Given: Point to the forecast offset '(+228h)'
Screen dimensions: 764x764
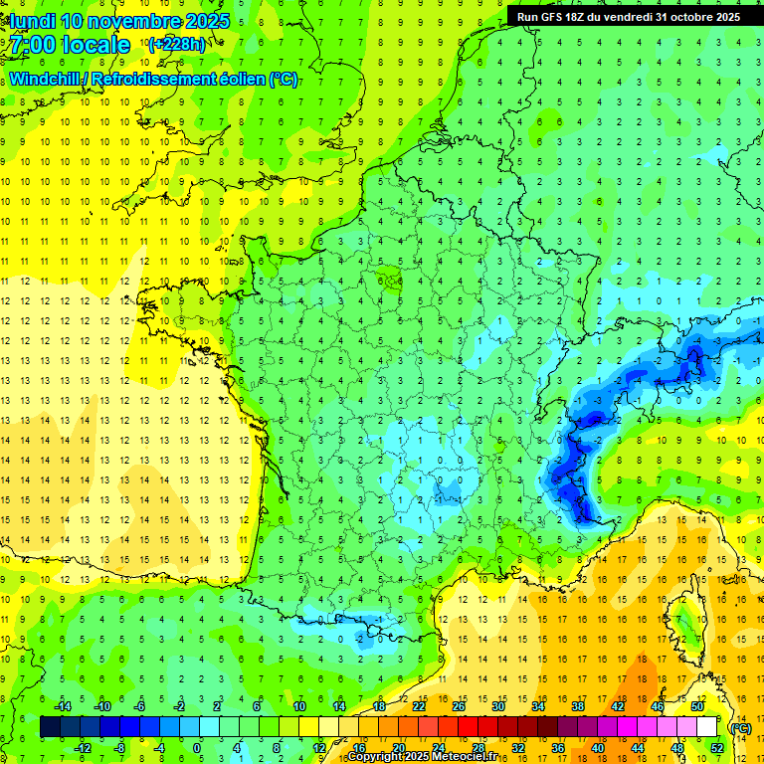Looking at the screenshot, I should click(x=176, y=45).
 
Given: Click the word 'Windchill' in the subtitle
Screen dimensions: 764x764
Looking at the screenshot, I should click(x=46, y=80).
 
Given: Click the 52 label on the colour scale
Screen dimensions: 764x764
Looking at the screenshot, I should click(x=716, y=748).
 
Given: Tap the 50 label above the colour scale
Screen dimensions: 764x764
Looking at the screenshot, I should click(x=696, y=706).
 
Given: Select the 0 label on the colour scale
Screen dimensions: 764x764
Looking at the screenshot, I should click(x=197, y=748).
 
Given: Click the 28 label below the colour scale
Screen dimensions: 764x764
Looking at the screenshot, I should click(x=478, y=748).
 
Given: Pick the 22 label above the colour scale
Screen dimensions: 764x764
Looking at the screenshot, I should click(x=419, y=706).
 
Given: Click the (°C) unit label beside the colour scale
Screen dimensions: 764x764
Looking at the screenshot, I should click(x=740, y=727).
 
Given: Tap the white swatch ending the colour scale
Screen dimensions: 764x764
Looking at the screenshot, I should click(x=706, y=727).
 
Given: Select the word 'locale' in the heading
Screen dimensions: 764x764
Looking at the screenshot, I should click(x=95, y=45).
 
